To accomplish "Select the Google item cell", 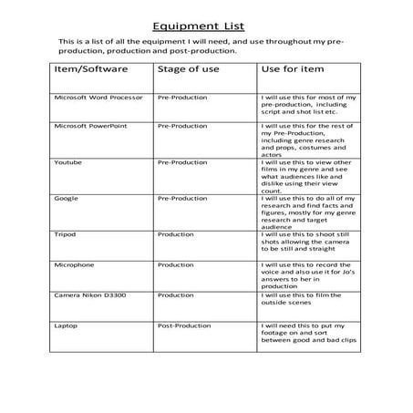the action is coord(67,198).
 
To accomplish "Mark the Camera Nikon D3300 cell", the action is coord(89,295).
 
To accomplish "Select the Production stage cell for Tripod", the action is coord(175,233).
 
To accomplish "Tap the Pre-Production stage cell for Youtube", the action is coord(182,161).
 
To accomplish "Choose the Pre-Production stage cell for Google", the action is coord(182,198).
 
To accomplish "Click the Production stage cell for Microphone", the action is coord(175,264).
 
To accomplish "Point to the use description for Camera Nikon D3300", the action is coord(301,300).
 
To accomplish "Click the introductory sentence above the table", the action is coord(201,46).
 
